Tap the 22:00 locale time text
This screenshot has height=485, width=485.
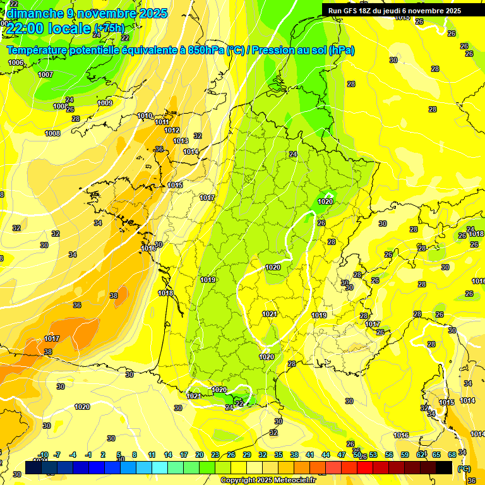click(x=48, y=27)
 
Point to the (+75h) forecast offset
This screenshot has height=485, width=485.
click(x=109, y=28)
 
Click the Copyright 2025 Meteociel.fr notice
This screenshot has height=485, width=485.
click(x=267, y=481)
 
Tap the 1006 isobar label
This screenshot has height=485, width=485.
click(x=16, y=63)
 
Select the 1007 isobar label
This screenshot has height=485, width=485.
click(x=45, y=75)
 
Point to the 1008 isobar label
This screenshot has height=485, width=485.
click(x=52, y=133)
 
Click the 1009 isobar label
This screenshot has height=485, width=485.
click(x=105, y=103)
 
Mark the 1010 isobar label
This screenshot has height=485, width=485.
click(x=145, y=116)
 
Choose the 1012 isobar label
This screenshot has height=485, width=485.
click(x=172, y=130)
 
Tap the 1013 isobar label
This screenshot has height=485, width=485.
click(x=181, y=141)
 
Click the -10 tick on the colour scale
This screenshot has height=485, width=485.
click(x=43, y=455)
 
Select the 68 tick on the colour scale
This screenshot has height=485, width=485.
click(x=452, y=455)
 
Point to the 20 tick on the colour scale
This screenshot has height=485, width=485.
click(x=200, y=455)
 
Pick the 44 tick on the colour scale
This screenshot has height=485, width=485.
click(x=326, y=455)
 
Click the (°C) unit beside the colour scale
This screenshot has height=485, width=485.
click(x=464, y=469)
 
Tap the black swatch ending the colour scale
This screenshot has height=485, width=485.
click(x=444, y=467)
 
